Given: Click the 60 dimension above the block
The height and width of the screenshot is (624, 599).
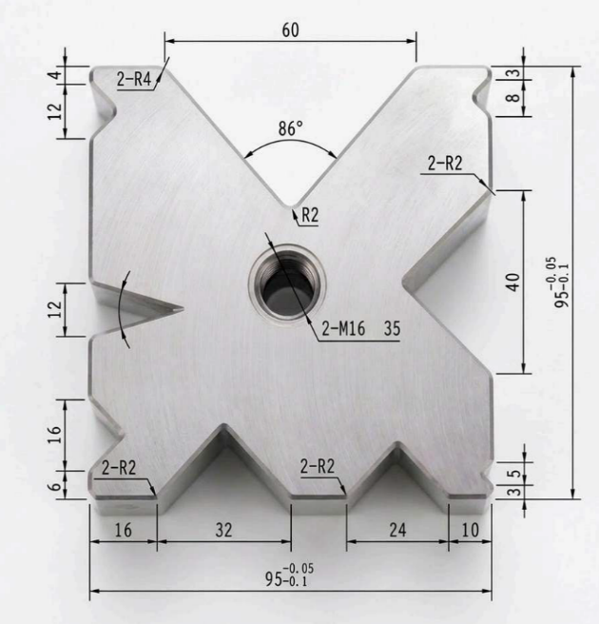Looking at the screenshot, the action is [290, 30].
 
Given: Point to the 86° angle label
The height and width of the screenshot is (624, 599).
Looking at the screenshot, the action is [290, 128].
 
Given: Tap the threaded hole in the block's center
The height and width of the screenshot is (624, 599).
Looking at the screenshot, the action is [287, 284].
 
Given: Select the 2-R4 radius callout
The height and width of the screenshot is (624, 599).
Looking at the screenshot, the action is [134, 79].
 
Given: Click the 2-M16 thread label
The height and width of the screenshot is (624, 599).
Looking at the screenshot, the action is [343, 329].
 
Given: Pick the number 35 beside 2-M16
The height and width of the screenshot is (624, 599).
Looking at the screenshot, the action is [392, 329].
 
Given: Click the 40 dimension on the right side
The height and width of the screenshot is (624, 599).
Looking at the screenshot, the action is [513, 282].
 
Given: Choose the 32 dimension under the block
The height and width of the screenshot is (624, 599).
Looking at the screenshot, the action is [223, 530].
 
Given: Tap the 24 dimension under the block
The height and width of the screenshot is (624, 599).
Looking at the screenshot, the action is [397, 530].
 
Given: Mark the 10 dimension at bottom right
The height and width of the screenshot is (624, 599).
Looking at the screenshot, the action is [470, 530].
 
